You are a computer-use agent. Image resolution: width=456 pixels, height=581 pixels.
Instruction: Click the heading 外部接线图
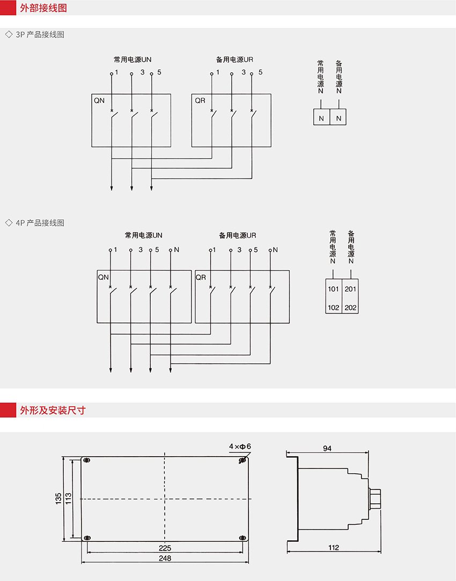tap(43, 8)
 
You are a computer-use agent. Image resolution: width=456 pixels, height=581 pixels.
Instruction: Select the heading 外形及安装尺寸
tap(53, 410)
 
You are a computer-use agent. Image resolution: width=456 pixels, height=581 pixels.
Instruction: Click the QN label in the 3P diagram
tap(99, 100)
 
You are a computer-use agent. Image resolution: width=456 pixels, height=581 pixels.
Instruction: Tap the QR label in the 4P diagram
tap(201, 277)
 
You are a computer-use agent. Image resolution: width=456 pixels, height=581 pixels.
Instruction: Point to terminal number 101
tap(333, 289)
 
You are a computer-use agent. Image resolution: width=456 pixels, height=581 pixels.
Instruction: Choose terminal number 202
tap(350, 308)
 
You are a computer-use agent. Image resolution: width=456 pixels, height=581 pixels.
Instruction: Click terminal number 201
tap(350, 289)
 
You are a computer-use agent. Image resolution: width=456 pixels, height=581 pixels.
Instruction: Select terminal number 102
tap(333, 308)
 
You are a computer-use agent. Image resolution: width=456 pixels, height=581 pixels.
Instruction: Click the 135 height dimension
tap(58, 499)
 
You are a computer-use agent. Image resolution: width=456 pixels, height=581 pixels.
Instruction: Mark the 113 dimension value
tap(68, 499)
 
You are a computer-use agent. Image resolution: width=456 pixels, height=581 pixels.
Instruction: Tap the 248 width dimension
tap(165, 558)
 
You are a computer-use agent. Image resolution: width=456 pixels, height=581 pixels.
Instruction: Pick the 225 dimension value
tap(165, 548)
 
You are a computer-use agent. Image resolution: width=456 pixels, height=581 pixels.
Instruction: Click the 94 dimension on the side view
tap(327, 449)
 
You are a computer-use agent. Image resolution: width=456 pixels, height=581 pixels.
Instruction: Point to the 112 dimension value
tap(334, 548)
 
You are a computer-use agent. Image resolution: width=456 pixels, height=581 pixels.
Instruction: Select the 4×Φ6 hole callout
tap(240, 446)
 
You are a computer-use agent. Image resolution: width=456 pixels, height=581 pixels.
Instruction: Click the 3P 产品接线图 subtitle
tap(40, 34)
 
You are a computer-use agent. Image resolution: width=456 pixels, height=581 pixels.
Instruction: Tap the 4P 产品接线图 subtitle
tap(40, 222)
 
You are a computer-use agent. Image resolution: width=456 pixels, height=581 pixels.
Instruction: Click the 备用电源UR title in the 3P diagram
tap(234, 59)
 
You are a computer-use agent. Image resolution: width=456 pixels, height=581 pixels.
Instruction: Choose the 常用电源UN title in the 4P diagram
tap(143, 235)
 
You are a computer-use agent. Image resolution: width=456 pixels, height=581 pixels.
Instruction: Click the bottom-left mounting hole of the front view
tap(87, 538)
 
